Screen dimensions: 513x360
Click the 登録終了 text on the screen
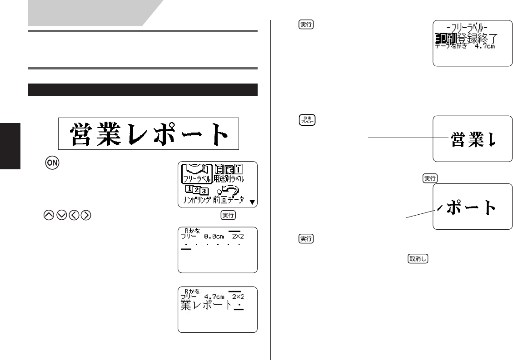point(477,39)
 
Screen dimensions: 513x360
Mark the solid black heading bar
point(143,89)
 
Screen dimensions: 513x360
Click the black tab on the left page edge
point(10,145)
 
